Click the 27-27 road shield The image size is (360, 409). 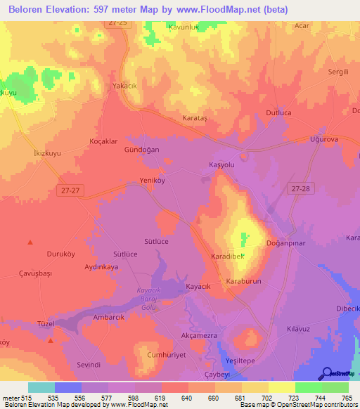pos(68,189)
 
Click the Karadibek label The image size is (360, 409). pos(227,257)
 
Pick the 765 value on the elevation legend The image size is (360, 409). pos(347,398)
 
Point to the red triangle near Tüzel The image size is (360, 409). pos(51,341)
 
